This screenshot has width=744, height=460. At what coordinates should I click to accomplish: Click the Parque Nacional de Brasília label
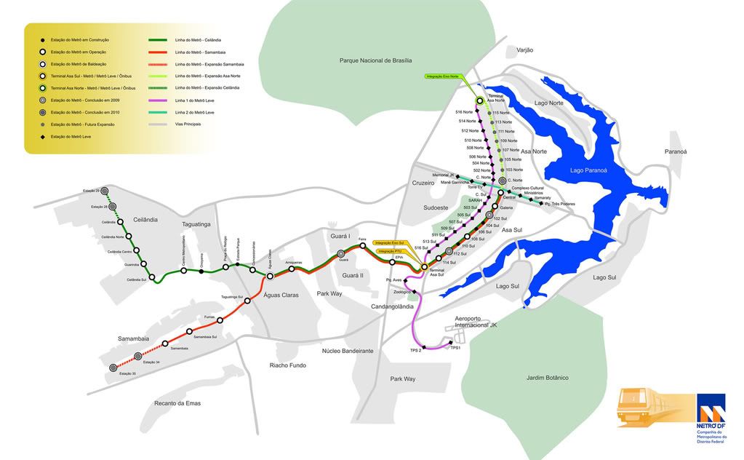pyautogui.click(x=375, y=60)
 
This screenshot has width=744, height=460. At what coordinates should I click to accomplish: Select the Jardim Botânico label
pyautogui.click(x=547, y=378)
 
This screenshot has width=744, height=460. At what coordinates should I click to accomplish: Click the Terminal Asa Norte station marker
pyautogui.click(x=479, y=101)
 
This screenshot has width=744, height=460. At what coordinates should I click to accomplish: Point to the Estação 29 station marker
pyautogui.click(x=105, y=190)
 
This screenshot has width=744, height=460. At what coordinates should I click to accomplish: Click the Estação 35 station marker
pyautogui.click(x=113, y=368)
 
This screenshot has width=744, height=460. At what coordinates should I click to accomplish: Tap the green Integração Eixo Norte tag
pyautogui.click(x=444, y=76)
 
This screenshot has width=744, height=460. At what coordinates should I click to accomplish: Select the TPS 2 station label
pyautogui.click(x=416, y=351)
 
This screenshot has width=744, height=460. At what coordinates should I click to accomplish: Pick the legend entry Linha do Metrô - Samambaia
pyautogui.click(x=198, y=52)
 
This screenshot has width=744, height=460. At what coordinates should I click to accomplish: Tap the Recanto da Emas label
pyautogui.click(x=177, y=402)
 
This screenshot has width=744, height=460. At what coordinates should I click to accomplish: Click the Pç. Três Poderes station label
pyautogui.click(x=561, y=204)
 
